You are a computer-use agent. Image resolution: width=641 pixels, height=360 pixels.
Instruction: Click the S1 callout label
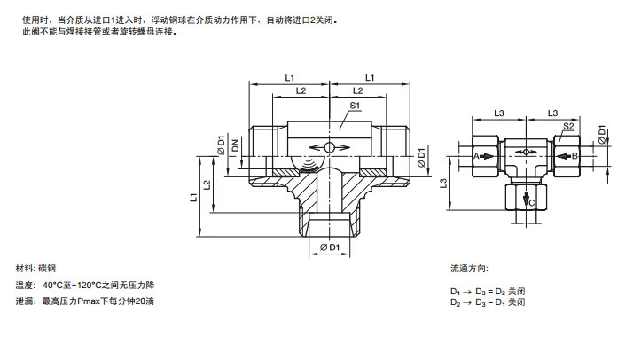pyautogui.click(x=355, y=106)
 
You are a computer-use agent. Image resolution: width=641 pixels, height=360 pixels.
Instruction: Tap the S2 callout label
pyautogui.click(x=568, y=127)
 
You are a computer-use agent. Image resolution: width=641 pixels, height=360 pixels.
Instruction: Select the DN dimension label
pyautogui.click(x=236, y=146)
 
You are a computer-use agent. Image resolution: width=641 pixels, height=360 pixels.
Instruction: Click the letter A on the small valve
pyautogui.click(x=476, y=156)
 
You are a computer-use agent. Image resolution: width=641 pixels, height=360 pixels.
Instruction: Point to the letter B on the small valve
pyautogui.click(x=575, y=156)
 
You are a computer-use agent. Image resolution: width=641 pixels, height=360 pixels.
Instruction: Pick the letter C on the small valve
pyautogui.click(x=531, y=203)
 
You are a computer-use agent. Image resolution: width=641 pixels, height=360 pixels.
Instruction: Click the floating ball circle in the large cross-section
pyautogui.click(x=328, y=148)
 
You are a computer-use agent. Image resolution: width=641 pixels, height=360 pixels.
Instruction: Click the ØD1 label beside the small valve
pyautogui.click(x=601, y=135)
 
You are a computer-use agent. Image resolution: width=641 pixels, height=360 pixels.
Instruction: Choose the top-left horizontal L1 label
pyautogui.click(x=290, y=78)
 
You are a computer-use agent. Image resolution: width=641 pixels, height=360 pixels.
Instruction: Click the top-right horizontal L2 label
pyautogui.click(x=358, y=90)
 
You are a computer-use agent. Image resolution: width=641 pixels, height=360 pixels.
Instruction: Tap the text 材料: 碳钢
pyautogui.click(x=36, y=268)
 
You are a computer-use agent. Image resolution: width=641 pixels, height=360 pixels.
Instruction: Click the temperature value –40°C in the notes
pyautogui.click(x=55, y=286)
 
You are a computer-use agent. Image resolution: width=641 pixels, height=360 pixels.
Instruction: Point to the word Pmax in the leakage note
pyautogui.click(x=91, y=302)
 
